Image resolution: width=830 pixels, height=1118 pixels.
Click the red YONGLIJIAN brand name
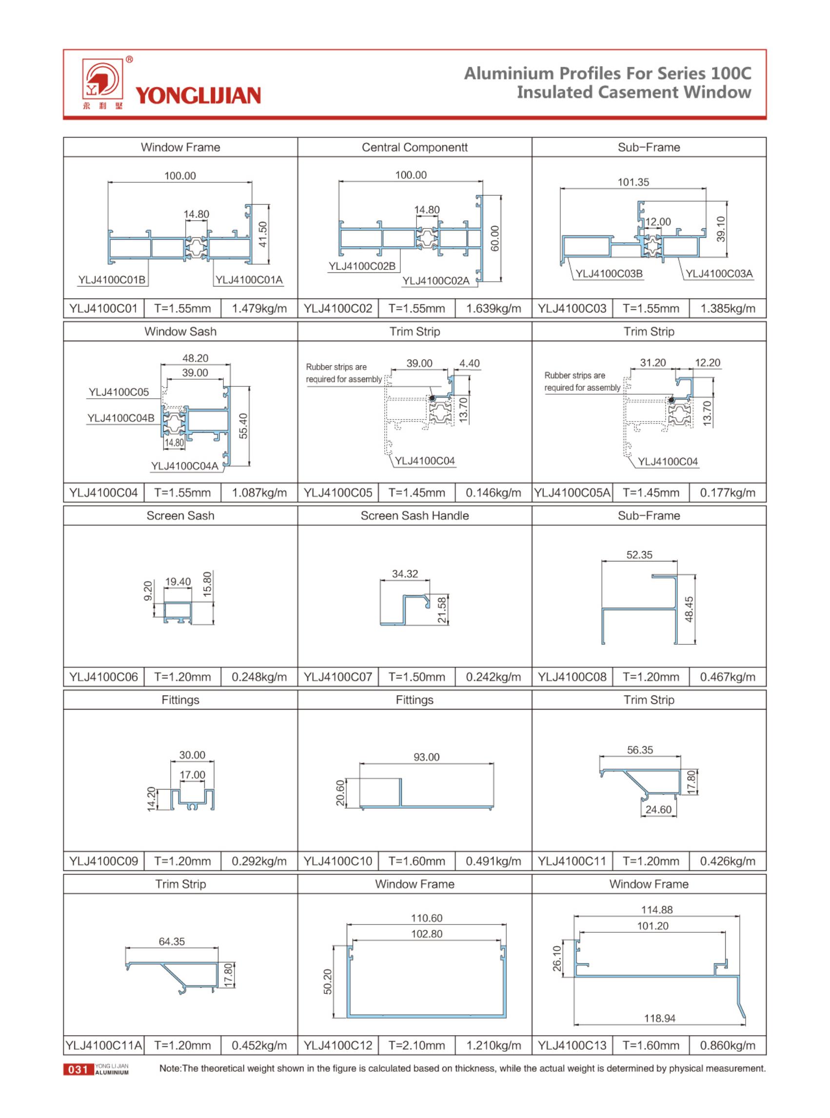(x=198, y=96)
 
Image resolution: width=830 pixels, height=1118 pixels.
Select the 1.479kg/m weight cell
(x=259, y=308)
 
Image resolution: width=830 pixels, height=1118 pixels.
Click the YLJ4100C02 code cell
(x=338, y=308)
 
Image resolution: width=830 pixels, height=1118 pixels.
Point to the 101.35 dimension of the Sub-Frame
(x=633, y=182)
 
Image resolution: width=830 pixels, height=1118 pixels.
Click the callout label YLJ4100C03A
(x=719, y=273)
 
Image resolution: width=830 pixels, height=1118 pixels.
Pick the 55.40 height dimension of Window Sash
(x=243, y=426)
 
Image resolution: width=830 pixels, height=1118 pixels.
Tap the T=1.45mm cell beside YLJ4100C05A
(x=651, y=493)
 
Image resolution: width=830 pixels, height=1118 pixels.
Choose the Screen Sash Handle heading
(x=415, y=516)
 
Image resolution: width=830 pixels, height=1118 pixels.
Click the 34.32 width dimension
(x=405, y=574)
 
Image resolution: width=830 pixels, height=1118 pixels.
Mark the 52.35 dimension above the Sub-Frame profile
(x=639, y=555)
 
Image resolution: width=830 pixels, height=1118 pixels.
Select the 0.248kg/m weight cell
(x=259, y=677)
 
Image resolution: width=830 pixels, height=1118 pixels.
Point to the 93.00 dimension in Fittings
(x=427, y=756)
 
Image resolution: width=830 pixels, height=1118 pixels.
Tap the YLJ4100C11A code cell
(x=104, y=1045)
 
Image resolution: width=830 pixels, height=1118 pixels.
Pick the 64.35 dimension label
(x=172, y=941)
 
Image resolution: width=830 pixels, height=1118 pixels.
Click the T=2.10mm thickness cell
(x=416, y=1045)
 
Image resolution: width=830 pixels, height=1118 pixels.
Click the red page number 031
(x=78, y=1069)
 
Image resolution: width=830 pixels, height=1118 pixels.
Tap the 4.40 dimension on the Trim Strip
(x=469, y=363)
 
